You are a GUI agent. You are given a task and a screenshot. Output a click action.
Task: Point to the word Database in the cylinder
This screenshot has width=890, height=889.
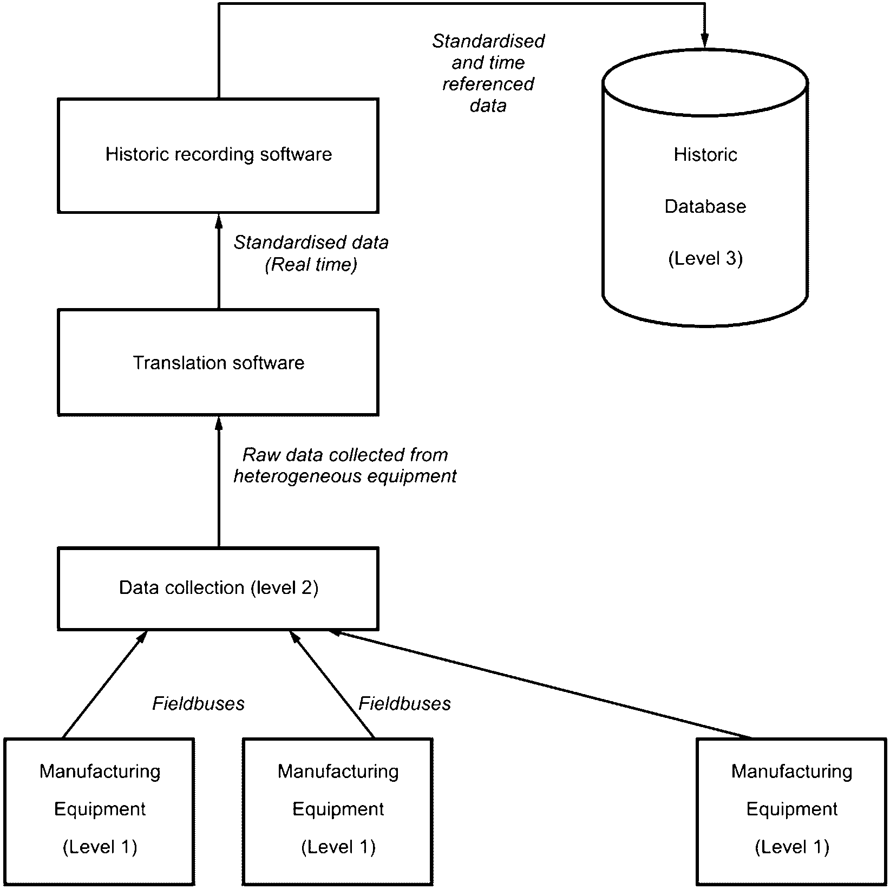705,206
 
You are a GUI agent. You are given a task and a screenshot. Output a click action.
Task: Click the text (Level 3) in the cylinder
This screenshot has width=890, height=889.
705,259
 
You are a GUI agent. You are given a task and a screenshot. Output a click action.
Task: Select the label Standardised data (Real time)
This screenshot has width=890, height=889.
311,253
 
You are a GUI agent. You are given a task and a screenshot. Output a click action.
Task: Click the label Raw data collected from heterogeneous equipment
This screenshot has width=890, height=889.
345,466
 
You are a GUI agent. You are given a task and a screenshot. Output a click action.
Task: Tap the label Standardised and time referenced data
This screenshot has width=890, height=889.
488,73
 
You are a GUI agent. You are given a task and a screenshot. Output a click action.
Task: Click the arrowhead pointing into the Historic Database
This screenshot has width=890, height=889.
705,42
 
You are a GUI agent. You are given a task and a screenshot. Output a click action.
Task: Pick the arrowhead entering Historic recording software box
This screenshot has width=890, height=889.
219,220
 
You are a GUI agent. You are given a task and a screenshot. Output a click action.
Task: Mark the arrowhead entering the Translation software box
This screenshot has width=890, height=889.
219,423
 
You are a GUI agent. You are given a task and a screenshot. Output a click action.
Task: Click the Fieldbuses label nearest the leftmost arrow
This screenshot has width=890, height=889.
198,703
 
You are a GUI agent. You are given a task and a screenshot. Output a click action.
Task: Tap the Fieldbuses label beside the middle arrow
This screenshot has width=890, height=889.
404,703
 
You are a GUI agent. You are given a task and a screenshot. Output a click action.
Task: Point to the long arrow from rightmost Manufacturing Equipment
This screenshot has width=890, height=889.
540,684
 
